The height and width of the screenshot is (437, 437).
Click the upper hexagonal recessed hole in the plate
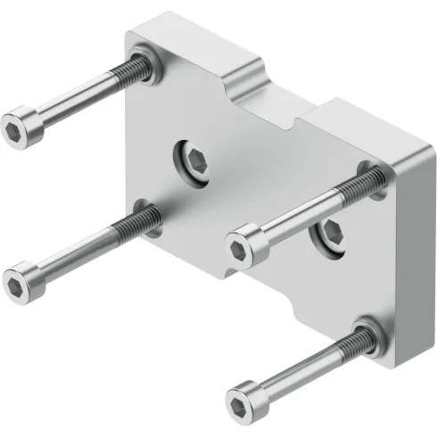pyautogui.click(x=194, y=161)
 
